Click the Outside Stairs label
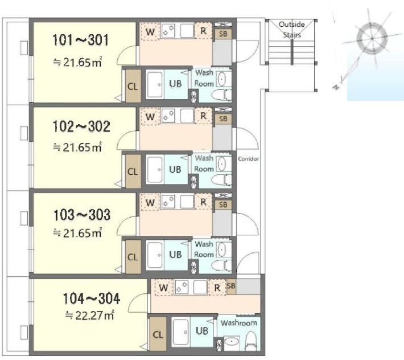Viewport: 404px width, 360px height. (x=292, y=30)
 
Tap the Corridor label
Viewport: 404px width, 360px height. (x=248, y=159)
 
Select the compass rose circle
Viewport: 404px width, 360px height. (x=372, y=38)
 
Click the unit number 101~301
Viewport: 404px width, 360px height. (x=80, y=40)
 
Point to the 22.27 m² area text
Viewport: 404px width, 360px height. (x=89, y=315)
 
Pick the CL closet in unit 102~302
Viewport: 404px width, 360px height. (x=133, y=171)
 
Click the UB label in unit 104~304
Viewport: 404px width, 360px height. (x=202, y=330)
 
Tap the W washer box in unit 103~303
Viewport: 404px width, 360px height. (x=150, y=202)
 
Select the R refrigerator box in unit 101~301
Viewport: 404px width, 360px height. (x=203, y=31)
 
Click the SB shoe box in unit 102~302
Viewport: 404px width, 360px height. (x=223, y=119)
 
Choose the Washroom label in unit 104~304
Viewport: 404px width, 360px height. (x=238, y=323)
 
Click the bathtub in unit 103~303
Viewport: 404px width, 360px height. (x=155, y=255)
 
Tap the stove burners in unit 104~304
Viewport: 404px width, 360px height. (x=181, y=287)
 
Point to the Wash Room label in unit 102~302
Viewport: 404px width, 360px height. (x=204, y=163)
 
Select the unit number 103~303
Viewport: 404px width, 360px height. (x=82, y=215)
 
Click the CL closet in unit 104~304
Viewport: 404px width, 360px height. (x=158, y=334)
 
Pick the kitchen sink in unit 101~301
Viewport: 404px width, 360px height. (x=187, y=30)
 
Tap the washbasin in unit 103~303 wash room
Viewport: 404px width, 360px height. (x=221, y=249)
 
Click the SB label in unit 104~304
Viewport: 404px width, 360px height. (x=231, y=286)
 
